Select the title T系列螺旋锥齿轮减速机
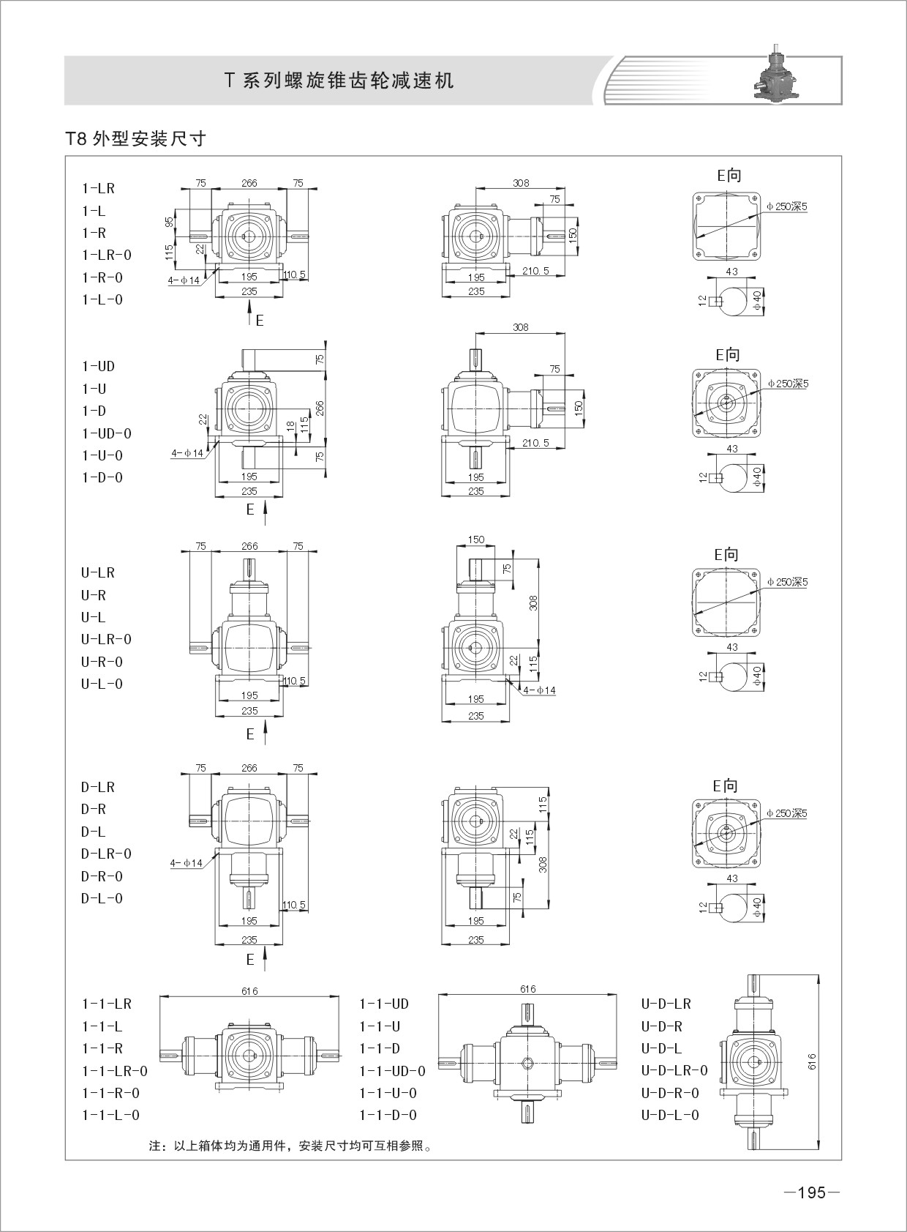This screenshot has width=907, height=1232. (x=339, y=81)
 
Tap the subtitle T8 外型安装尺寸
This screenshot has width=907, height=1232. (x=136, y=138)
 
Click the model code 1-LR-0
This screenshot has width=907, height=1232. (x=107, y=255)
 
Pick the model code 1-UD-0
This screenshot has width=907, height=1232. (x=107, y=433)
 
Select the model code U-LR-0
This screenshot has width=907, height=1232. (x=107, y=639)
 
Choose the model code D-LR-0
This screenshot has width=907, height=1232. (x=107, y=854)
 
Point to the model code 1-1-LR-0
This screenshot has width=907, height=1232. (x=115, y=1071)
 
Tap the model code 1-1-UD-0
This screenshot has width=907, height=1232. (x=392, y=1071)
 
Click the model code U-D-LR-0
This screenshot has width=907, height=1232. (x=674, y=1070)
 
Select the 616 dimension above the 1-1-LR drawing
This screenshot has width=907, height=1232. (x=249, y=990)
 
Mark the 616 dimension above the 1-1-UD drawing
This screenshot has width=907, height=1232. (x=527, y=989)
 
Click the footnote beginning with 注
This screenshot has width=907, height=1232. (x=290, y=1146)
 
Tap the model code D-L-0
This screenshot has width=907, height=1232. (x=102, y=898)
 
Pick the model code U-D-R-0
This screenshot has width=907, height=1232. (x=670, y=1093)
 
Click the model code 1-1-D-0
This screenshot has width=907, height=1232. (x=388, y=1115)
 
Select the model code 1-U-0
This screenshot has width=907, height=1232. (x=102, y=455)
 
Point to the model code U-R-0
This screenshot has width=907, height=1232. (x=102, y=662)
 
